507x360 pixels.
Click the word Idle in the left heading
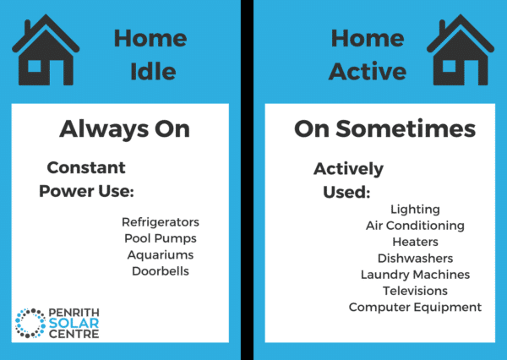click(x=152, y=73)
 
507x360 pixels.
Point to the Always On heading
click(x=124, y=129)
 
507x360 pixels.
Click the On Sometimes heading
click(x=384, y=129)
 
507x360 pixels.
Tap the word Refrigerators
click(x=161, y=223)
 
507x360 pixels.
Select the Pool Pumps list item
click(x=161, y=239)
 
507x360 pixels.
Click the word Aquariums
click(x=161, y=255)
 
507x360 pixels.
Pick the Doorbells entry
click(x=161, y=271)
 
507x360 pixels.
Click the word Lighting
click(x=415, y=210)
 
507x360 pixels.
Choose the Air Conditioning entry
click(x=415, y=226)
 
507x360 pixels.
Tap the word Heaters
click(x=415, y=242)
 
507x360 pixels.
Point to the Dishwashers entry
click(x=415, y=258)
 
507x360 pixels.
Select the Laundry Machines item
click(x=415, y=275)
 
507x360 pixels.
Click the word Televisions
click(x=415, y=291)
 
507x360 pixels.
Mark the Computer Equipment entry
click(x=415, y=307)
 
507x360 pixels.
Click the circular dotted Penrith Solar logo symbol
click(x=31, y=323)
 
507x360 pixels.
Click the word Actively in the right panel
click(x=348, y=169)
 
